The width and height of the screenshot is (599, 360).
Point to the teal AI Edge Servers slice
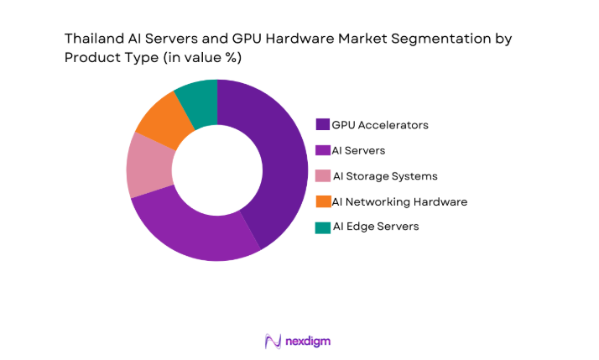point(198,99)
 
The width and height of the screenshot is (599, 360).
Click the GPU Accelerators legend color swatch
point(322,125)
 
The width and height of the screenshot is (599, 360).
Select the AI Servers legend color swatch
point(322,150)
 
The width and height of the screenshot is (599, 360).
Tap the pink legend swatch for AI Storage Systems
point(322,176)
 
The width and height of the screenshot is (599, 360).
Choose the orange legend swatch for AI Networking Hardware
point(322,201)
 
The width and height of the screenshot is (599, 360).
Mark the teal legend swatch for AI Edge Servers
point(322,227)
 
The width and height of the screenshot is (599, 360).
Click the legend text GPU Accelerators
point(380,125)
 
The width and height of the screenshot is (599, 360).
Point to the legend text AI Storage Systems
point(385,176)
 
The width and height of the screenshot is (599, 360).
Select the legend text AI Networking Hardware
point(399,201)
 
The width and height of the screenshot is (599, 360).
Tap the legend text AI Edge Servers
point(375,227)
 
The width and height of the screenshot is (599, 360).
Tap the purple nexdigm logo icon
point(272,341)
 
